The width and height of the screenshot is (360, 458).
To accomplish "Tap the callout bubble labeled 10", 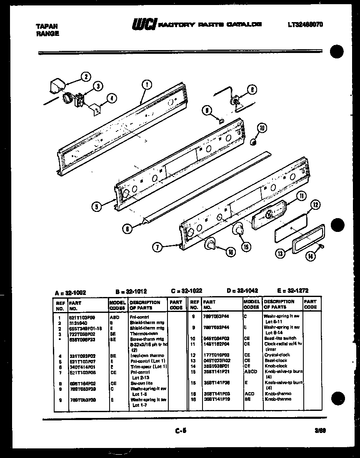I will (x=261, y=128).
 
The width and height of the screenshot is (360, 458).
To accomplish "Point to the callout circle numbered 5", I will (x=97, y=206).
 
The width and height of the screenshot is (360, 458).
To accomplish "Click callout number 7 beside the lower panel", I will (x=157, y=247).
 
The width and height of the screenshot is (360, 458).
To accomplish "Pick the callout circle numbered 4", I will (x=110, y=98).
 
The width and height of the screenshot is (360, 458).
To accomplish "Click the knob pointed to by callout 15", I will (x=238, y=229).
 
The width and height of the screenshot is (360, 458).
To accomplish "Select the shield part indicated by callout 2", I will (x=54, y=86).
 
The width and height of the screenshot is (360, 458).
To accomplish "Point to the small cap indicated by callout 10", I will (x=253, y=142).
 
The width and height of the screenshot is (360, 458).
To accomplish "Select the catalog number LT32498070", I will (x=305, y=25).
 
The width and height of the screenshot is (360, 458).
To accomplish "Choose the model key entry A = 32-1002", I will (x=70, y=293).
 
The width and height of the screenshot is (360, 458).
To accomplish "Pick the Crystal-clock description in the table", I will (x=277, y=355).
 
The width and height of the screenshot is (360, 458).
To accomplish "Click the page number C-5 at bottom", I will (x=180, y=432).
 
